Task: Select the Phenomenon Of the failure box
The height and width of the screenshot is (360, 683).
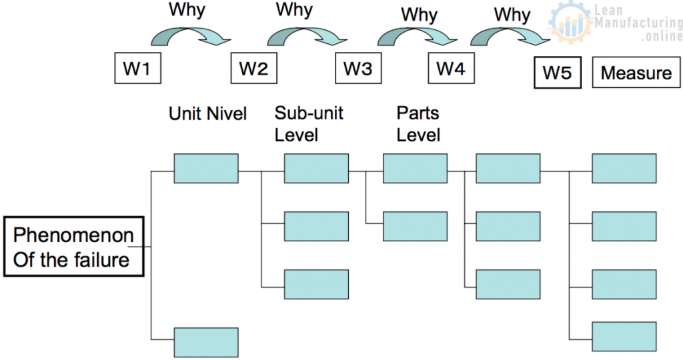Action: [73, 247]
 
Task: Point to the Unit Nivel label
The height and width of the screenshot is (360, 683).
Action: [207, 114]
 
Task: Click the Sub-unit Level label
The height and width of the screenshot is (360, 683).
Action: [308, 123]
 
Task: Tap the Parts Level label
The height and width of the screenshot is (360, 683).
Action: [418, 123]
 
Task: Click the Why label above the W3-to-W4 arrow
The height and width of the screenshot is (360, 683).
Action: [419, 15]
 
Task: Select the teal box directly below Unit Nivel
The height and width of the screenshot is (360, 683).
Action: [206, 168]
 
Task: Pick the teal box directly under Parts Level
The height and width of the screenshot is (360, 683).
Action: [415, 168]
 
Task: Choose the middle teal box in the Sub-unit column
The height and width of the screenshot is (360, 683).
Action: [316, 226]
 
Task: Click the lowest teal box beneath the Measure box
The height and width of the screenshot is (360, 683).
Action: [624, 336]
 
